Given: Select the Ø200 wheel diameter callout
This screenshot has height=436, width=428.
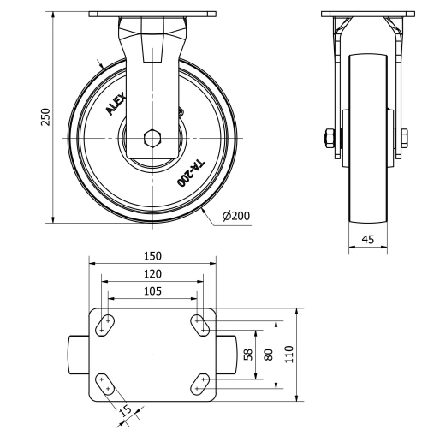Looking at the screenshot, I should tap(235, 216).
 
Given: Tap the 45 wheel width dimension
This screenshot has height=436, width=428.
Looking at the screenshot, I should tap(368, 241).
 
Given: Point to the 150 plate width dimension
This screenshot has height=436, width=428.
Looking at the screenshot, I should tap(152, 256).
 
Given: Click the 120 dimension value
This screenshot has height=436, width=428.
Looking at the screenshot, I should tap(152, 273).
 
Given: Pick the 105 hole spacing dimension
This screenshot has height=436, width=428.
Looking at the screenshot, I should tap(152, 291).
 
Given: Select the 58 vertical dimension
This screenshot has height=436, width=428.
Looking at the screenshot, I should tap(248, 354).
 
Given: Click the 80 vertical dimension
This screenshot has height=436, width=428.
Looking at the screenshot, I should tap(268, 354).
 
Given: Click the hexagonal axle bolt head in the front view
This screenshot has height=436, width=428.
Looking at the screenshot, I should tap(152, 137).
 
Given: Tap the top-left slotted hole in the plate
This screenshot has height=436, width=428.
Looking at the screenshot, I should tap(107, 323).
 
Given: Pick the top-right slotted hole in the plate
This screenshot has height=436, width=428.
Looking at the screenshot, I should tap(200, 323).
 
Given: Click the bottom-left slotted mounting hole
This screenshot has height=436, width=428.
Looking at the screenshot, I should tap(106, 384).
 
